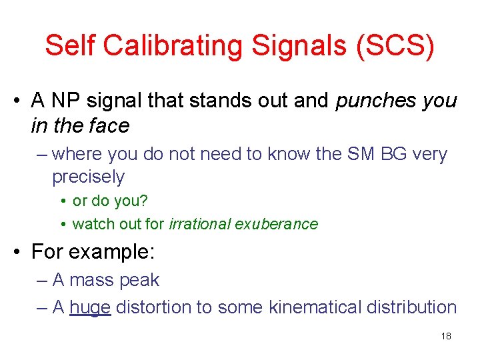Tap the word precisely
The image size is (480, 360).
[x=88, y=177]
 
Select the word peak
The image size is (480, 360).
[x=139, y=280]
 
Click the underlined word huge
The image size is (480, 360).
[x=89, y=307]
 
